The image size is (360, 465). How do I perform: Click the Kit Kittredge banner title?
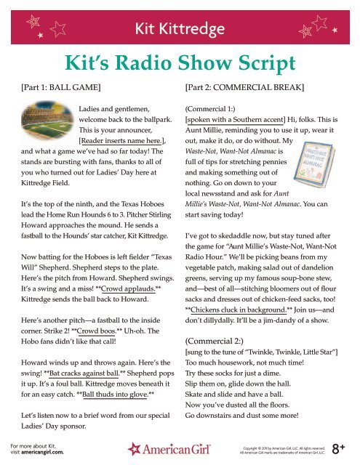(x=180, y=28)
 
